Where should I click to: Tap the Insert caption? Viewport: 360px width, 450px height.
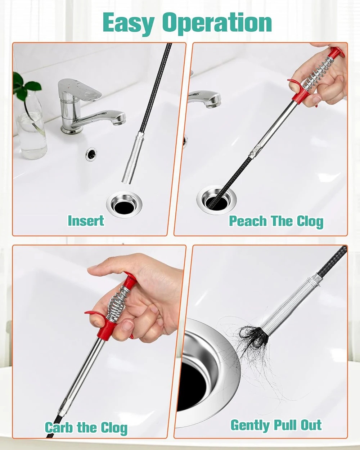tap(86, 221)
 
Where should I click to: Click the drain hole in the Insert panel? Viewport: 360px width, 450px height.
tap(125, 207)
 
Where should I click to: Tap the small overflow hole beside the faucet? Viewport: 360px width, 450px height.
tap(92, 154)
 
